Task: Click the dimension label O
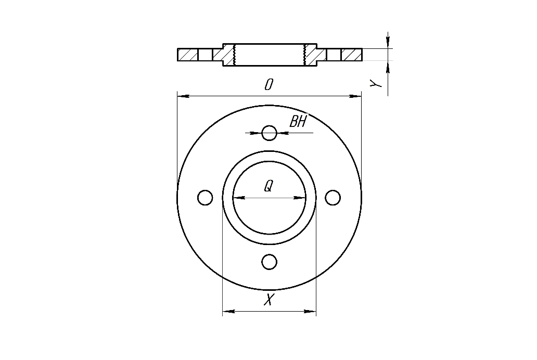pos(268,85)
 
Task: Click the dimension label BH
pos(298,122)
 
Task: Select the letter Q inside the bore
pos(268,186)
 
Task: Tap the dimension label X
pos(268,300)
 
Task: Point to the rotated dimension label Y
pos(378,83)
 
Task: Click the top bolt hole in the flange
pos(269,133)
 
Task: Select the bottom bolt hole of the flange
pos(269,262)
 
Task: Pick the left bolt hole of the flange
pos(205,198)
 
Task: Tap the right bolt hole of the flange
pos(333,198)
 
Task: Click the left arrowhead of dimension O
pos(182,96)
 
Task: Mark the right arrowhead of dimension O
pos(356,96)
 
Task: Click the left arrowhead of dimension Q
pos(238,198)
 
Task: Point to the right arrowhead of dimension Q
pos(300,198)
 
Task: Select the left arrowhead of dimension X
pos(227,312)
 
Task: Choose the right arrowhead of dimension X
pos(311,312)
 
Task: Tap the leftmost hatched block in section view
pos(187,55)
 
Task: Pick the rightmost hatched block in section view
pos(352,55)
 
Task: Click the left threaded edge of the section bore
pos(235,55)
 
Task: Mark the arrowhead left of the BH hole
pos(255,133)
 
